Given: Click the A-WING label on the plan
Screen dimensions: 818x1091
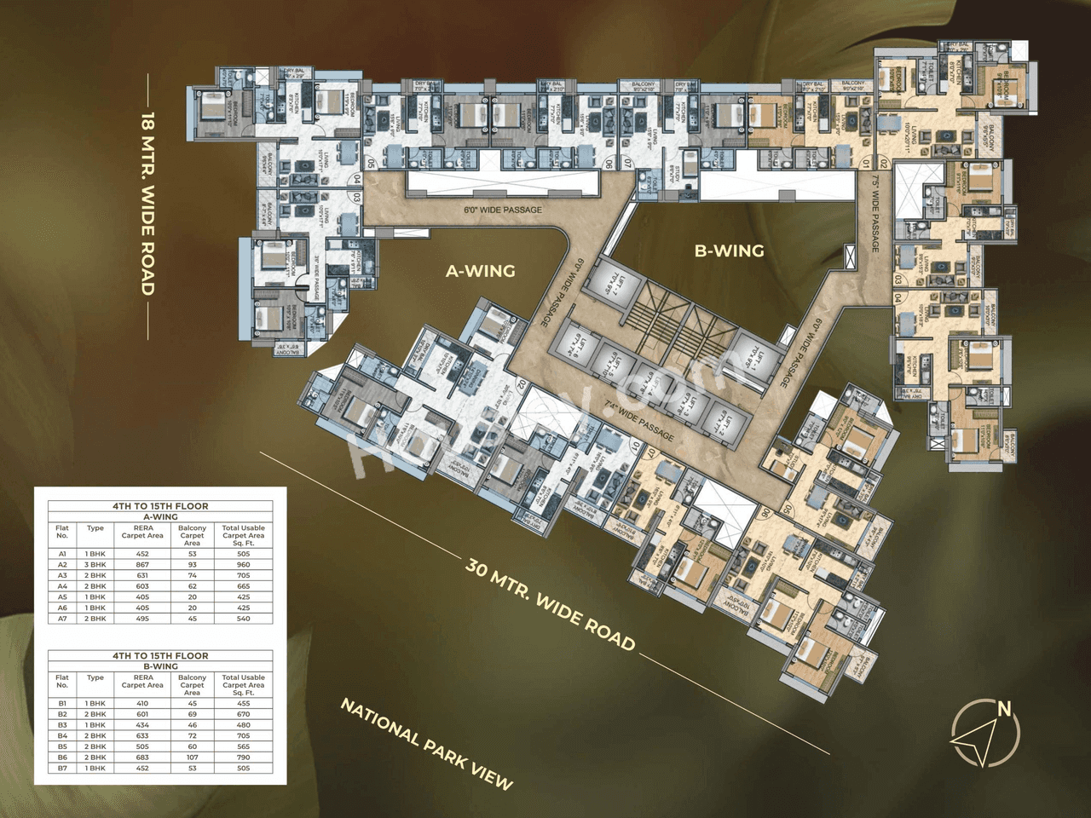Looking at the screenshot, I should click(x=481, y=271).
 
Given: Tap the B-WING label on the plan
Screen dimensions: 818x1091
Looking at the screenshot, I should click(x=729, y=251).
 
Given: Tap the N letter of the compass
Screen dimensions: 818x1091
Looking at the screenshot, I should click(x=1004, y=709).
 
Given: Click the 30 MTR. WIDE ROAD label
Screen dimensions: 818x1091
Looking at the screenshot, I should click(x=551, y=605).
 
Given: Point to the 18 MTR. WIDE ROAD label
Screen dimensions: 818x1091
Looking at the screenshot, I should click(x=148, y=204).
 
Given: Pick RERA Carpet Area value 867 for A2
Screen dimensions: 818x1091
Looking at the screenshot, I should click(x=142, y=564).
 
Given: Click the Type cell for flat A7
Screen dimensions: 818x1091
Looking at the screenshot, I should click(x=95, y=619).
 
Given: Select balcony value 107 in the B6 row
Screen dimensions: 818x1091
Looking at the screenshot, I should click(x=193, y=758).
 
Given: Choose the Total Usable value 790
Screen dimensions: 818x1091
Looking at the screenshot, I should click(x=244, y=758).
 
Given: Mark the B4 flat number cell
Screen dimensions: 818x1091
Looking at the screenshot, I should click(x=62, y=735).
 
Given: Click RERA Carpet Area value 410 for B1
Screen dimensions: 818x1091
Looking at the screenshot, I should click(x=142, y=704).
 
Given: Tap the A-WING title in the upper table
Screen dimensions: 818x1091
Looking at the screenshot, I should click(x=160, y=516).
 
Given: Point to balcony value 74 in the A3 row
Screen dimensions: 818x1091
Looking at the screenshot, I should click(x=193, y=575).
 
